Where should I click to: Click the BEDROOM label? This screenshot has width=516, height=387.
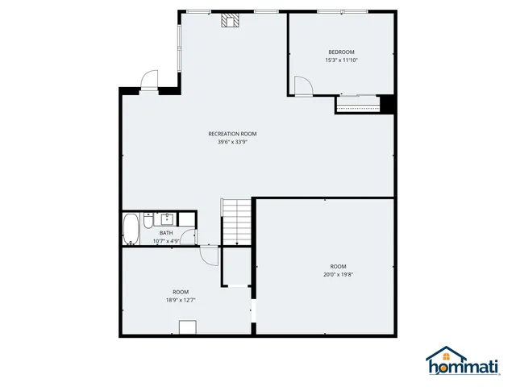coord(341,52)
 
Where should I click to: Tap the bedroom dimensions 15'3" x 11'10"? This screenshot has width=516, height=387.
coord(341,60)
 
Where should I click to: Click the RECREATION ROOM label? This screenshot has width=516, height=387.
coord(232,134)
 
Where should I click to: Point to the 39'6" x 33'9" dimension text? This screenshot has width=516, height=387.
coord(232,143)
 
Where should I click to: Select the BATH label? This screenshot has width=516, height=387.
coord(165,233)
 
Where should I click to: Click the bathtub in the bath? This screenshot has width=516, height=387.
coord(131,229)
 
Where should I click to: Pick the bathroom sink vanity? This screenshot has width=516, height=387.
coord(169,218)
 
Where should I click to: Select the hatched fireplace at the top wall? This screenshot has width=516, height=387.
coord(231,20)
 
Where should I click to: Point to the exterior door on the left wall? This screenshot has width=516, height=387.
coord(150,81)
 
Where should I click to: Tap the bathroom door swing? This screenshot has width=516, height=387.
coord(188,236)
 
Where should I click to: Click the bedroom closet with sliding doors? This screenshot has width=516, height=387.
coord(357,104)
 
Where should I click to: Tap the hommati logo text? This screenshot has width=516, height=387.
coord(462,369)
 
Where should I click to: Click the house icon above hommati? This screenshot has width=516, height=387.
coord(448,355)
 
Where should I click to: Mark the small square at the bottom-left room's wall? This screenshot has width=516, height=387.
coord(188,327)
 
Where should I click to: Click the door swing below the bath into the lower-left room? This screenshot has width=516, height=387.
coord(210,255)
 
